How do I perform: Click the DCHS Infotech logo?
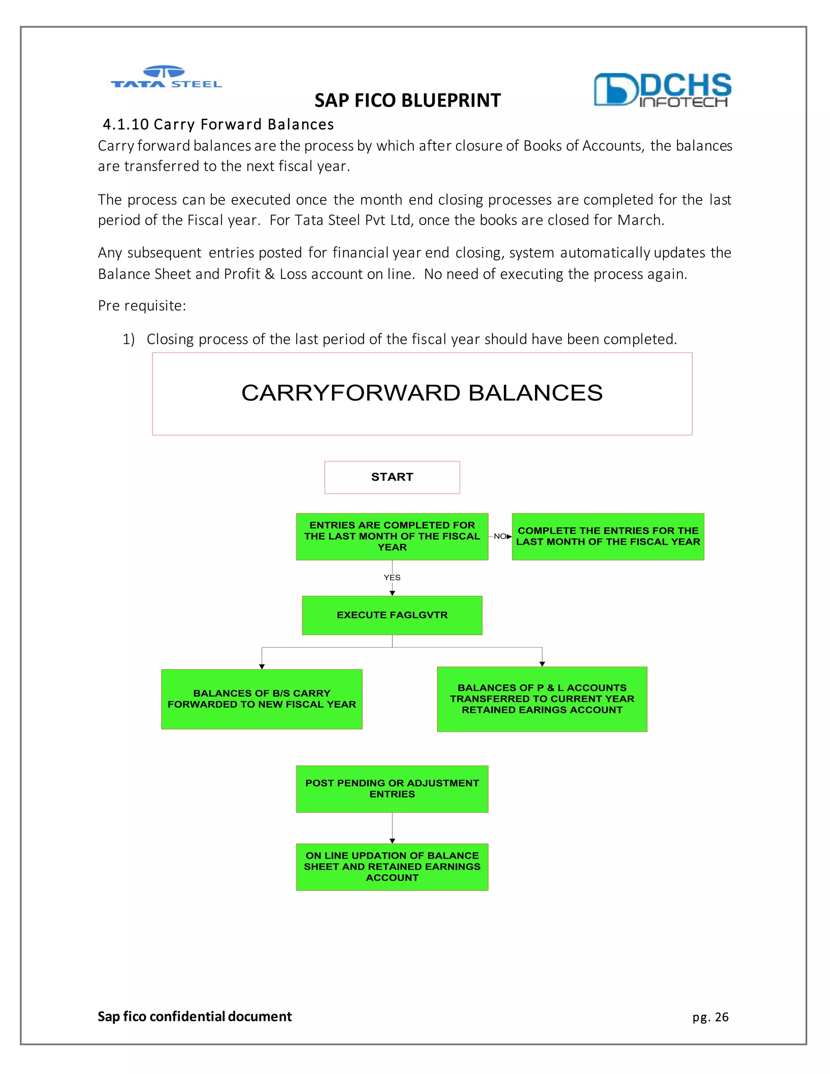click(662, 90)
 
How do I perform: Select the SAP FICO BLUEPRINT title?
click(407, 101)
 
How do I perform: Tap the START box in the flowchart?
click(392, 477)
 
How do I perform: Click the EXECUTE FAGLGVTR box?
click(392, 615)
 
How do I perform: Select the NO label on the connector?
click(500, 536)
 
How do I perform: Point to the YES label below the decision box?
click(392, 577)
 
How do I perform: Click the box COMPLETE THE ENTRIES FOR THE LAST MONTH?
click(608, 537)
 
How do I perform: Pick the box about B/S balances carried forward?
click(261, 699)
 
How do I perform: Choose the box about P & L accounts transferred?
click(542, 699)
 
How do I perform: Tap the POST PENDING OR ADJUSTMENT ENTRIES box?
click(392, 789)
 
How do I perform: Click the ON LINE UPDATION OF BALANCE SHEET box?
click(392, 867)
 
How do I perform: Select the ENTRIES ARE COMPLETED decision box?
click(392, 537)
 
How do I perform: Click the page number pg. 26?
click(710, 1017)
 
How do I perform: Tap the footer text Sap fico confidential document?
click(195, 1016)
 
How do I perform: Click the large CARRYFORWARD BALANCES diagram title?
click(422, 393)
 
